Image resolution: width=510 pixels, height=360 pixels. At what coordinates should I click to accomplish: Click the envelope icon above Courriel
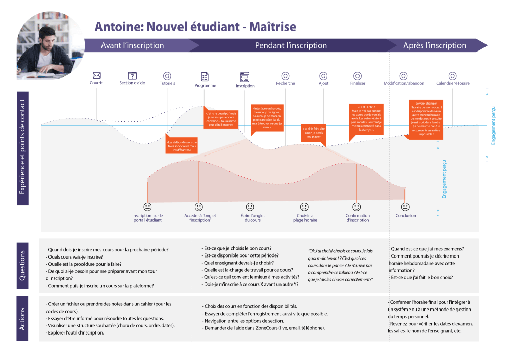(x=97, y=75)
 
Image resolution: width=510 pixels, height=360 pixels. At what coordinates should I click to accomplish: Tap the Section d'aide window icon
(x=132, y=75)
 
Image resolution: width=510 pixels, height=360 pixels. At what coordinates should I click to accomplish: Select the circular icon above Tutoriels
(x=167, y=75)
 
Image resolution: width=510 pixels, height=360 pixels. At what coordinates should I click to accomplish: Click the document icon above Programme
(x=205, y=76)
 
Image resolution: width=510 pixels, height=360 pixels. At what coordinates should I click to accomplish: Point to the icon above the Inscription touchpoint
(x=245, y=77)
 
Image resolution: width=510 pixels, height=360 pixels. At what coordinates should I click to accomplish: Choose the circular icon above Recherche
(x=285, y=75)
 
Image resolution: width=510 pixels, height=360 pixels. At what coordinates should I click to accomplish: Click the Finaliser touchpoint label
(x=358, y=83)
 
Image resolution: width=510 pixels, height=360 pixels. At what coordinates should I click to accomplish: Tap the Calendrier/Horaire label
(x=452, y=83)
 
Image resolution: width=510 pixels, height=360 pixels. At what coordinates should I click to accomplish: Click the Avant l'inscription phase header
(x=133, y=45)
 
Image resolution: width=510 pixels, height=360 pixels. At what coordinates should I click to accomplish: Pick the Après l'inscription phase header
(x=435, y=45)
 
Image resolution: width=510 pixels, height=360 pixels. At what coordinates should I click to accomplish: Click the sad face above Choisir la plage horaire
(x=304, y=207)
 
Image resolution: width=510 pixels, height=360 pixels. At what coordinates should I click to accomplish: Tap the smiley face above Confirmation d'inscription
(x=357, y=207)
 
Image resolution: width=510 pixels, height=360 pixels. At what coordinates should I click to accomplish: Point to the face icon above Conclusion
(x=405, y=207)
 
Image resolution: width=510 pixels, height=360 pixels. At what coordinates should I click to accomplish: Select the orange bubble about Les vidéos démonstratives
(x=181, y=145)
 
